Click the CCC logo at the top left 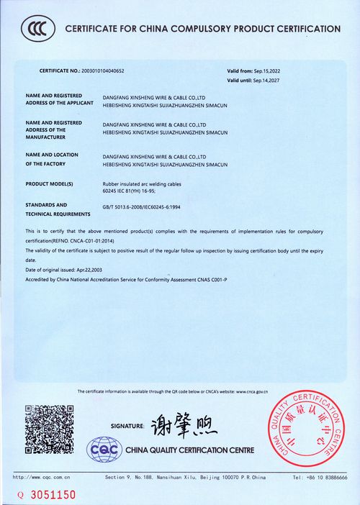click(36, 29)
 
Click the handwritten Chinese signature click(183, 427)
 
